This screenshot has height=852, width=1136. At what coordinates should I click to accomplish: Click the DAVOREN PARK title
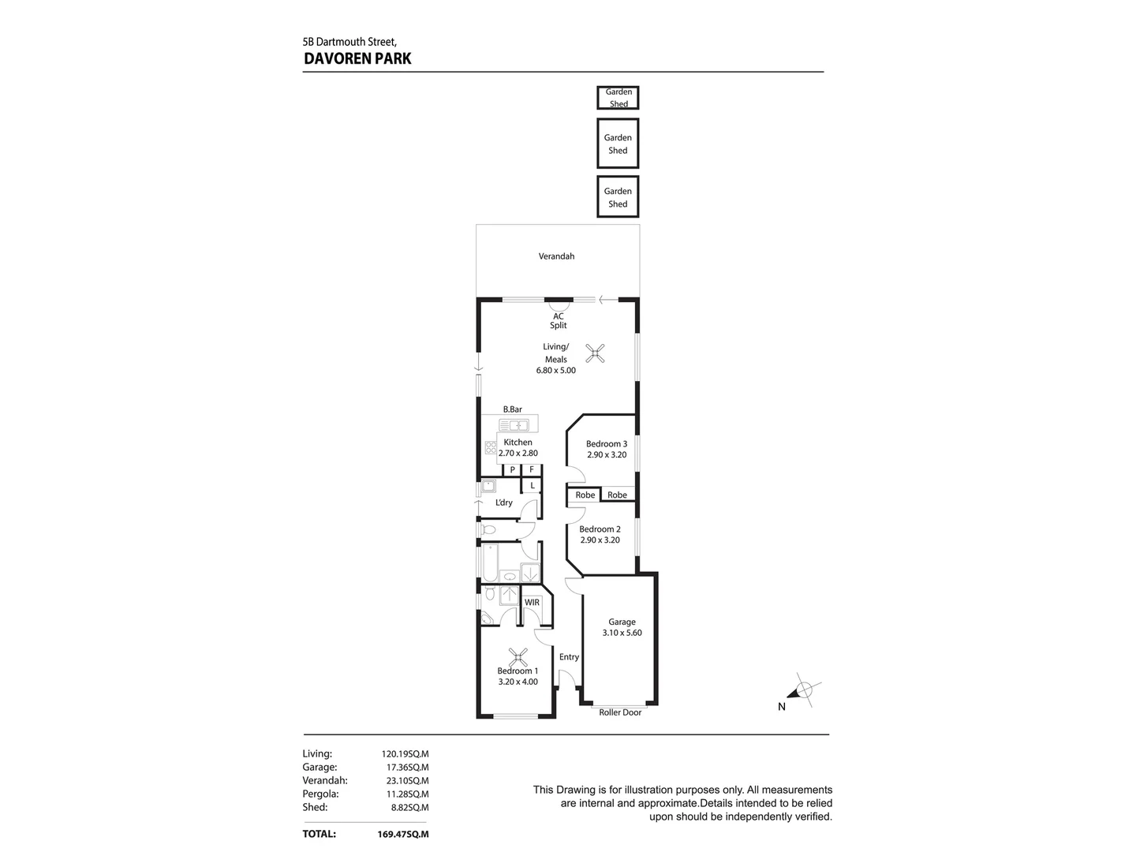point(357,58)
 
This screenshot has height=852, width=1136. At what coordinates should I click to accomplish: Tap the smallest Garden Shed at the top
point(618,98)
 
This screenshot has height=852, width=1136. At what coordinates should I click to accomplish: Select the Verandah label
point(556,256)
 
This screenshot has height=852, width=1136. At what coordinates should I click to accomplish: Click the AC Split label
point(559,320)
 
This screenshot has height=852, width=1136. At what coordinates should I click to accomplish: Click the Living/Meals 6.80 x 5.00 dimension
point(556,370)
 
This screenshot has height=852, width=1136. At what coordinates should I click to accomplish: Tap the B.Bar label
point(513,409)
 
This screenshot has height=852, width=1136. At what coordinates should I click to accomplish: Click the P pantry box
point(513,469)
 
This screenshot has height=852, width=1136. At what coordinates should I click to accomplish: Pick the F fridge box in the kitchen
point(532,469)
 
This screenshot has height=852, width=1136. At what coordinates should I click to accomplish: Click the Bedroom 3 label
point(607,443)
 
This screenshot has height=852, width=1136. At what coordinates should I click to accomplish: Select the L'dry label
point(503,503)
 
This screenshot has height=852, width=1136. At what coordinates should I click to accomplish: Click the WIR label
point(532,603)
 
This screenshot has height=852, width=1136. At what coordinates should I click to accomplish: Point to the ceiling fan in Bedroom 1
point(518,656)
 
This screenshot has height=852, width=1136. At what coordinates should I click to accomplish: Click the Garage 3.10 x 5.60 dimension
point(622,633)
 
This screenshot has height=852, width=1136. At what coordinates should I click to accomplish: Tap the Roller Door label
point(620,713)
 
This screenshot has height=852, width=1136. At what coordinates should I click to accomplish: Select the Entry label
point(569,656)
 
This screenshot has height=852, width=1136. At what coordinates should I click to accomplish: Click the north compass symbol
point(803,691)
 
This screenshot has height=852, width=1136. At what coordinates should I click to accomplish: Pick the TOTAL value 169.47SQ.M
point(403,834)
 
